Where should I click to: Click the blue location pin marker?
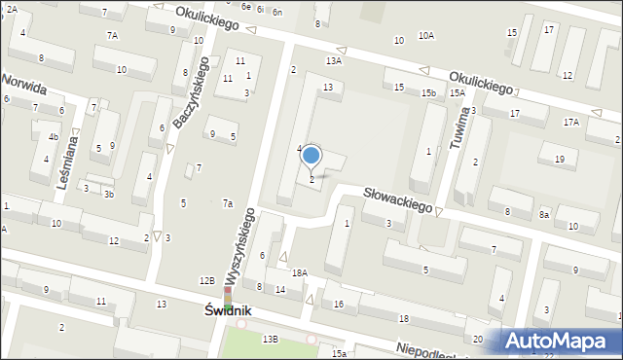point(311,155)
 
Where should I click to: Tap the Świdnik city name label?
point(228,310)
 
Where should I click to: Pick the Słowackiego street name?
point(397,200)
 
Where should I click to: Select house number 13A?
point(334,60)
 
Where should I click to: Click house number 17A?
point(570,122)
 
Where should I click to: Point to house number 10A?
point(426,36)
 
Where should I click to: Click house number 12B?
point(207,280)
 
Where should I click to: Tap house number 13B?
point(270,338)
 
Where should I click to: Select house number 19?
point(559,159)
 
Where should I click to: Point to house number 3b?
point(109,195)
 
